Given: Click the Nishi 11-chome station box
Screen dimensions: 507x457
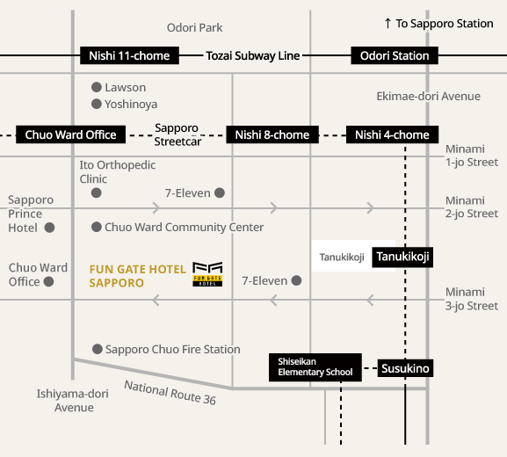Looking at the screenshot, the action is (129, 55).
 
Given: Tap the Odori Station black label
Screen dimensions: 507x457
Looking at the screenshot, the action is (395, 55).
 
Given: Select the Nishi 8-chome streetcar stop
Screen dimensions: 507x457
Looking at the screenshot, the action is (272, 134).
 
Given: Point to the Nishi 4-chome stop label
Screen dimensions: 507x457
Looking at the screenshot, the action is (392, 134).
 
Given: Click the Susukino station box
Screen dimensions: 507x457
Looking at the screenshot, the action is (405, 368).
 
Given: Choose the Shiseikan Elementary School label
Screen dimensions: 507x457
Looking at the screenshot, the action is (315, 367).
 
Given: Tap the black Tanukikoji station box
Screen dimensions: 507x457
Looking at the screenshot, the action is (402, 257).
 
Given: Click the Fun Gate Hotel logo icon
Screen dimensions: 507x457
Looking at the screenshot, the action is (207, 274).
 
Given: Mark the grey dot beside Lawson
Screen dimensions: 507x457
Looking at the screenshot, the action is (97, 87).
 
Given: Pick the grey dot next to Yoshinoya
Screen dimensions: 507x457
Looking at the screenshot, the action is (97, 104).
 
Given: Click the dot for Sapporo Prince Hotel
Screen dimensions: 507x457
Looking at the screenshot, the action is (49, 228).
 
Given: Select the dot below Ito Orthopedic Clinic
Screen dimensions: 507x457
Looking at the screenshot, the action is (96, 193).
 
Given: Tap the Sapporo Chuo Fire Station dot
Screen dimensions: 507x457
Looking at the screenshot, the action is (98, 349).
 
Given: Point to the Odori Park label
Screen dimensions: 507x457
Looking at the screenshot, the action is (195, 27).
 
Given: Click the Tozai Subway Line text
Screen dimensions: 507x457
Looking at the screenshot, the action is (253, 55).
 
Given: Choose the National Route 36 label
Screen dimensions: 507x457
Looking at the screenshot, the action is (170, 392).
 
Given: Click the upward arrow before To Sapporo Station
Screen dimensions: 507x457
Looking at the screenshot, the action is (387, 23).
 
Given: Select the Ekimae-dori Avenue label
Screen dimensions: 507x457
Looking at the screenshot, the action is (429, 96).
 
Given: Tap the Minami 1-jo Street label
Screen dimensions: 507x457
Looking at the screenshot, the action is (472, 156).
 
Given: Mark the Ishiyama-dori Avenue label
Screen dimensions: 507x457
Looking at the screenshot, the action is (73, 401).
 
